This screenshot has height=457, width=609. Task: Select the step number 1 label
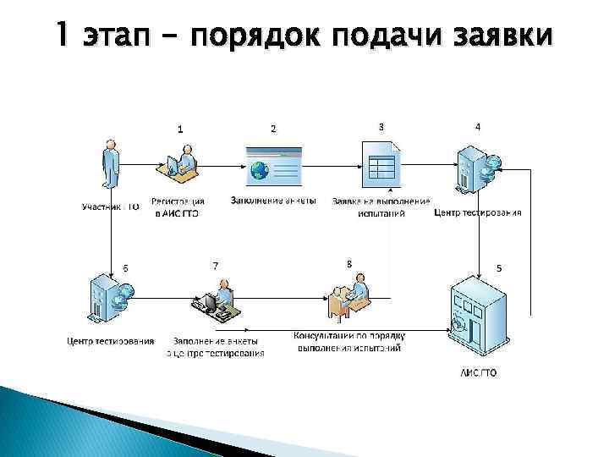(x=179, y=129)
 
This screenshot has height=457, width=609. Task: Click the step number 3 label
(x=381, y=126)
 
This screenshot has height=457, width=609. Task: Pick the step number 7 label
(x=215, y=266)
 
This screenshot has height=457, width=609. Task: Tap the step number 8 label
(x=349, y=264)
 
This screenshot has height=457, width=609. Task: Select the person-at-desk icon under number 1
(x=181, y=164)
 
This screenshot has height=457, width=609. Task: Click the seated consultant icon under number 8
(x=348, y=299)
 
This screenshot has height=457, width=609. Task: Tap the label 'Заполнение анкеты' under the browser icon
(x=273, y=201)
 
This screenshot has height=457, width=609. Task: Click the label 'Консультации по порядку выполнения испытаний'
(x=348, y=341)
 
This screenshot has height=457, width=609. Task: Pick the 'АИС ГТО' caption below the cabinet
(x=479, y=372)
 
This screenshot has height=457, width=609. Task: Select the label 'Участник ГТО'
(x=111, y=206)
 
